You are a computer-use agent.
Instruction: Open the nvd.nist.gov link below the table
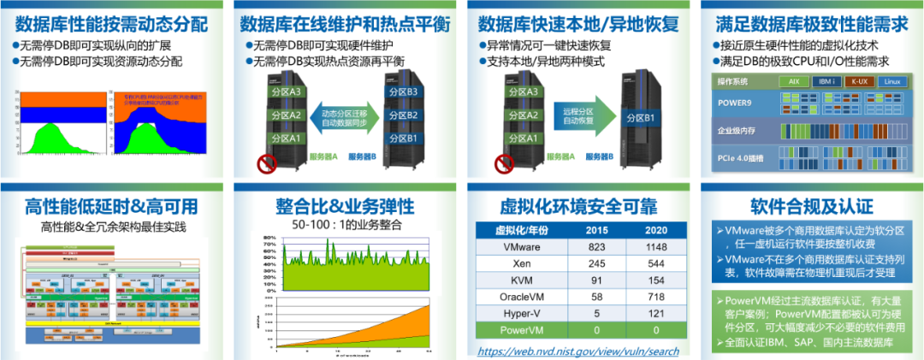tap(577, 351)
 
